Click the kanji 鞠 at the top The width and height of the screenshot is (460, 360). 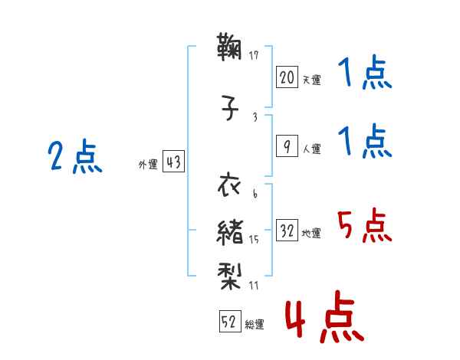[x=229, y=47]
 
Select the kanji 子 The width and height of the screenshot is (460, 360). [x=230, y=107]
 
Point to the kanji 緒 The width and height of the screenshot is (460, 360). [x=230, y=233]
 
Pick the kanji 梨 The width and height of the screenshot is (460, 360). [x=229, y=276]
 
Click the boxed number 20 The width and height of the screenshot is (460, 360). [x=287, y=77]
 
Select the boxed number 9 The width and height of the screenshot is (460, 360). [x=287, y=146]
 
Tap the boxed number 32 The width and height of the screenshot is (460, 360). [x=287, y=230]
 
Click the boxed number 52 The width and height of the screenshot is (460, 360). [x=230, y=321]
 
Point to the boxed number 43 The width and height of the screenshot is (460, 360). [x=173, y=161]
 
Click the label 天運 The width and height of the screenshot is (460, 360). [x=312, y=80]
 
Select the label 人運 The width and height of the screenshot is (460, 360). [x=312, y=149]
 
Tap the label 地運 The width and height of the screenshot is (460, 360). [x=311, y=233]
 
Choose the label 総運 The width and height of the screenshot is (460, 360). [x=255, y=324]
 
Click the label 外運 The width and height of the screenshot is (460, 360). [x=148, y=164]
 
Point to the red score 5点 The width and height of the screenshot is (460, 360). [x=364, y=225]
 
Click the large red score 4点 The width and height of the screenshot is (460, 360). [x=325, y=316]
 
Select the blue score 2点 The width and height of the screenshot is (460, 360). [x=75, y=156]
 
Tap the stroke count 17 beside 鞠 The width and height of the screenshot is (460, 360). [x=254, y=55]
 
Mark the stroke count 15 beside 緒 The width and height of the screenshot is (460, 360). [x=254, y=240]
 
